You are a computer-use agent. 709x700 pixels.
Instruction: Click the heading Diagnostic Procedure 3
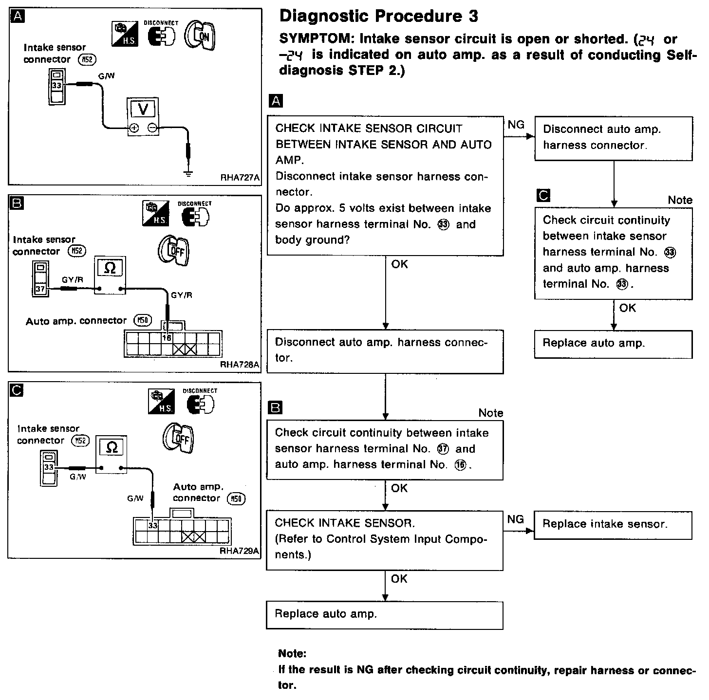tap(379, 17)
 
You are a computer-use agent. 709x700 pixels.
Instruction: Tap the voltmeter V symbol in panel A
tap(143, 109)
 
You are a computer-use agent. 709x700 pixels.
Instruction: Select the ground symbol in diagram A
tap(188, 172)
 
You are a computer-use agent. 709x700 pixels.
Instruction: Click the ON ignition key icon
tap(200, 36)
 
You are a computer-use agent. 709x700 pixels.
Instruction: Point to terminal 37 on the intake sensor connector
tap(40, 289)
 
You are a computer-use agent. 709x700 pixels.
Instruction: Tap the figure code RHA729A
tap(240, 551)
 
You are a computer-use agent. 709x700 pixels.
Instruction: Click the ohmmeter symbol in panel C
tap(112, 447)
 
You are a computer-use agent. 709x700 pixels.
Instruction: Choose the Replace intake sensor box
tap(613, 524)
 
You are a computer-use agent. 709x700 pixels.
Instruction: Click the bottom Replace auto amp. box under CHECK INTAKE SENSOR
tap(384, 615)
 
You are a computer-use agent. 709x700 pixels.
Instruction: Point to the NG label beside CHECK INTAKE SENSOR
tap(516, 519)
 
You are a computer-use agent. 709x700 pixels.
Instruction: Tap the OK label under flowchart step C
tap(627, 308)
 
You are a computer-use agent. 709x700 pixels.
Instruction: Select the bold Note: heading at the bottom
tap(293, 654)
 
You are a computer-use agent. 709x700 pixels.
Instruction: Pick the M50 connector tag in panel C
tap(237, 498)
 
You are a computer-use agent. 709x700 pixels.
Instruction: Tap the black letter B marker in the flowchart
tap(276, 407)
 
